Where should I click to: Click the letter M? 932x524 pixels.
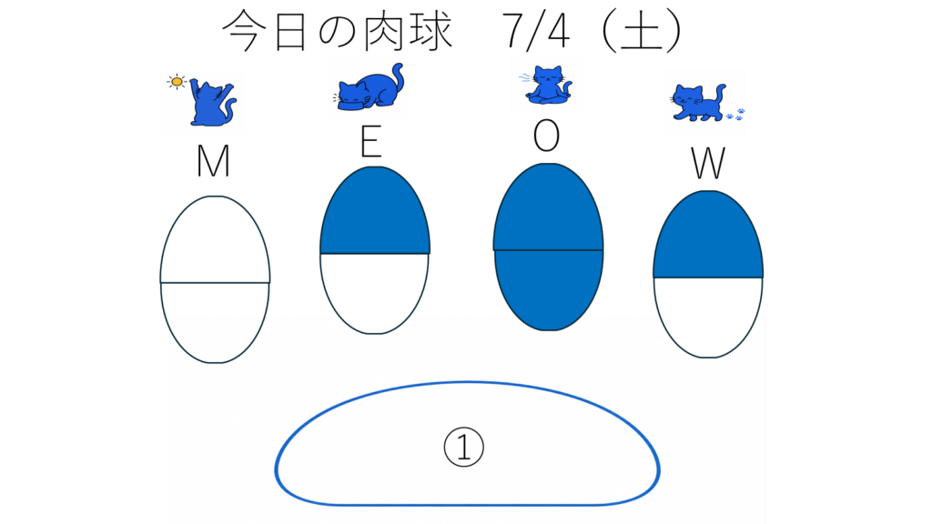click(x=213, y=161)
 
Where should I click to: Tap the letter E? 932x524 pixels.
click(x=371, y=141)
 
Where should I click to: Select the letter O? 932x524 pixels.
click(x=546, y=136)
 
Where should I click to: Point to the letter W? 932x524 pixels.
click(x=708, y=164)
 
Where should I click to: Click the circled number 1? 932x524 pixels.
click(x=463, y=447)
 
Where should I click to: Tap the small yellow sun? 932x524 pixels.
click(x=177, y=81)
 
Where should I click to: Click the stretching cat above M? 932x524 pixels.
click(x=212, y=103)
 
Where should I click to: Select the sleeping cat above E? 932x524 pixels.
click(x=369, y=88)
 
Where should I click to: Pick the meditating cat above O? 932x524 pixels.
click(x=548, y=85)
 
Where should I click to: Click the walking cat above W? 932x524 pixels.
click(x=698, y=102)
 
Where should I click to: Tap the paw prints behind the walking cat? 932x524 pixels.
click(x=735, y=115)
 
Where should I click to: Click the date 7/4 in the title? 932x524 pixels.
click(x=535, y=31)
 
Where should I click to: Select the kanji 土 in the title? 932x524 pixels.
click(x=642, y=31)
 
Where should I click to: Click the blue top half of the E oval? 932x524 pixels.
click(x=374, y=211)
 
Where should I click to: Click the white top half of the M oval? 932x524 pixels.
click(x=215, y=239)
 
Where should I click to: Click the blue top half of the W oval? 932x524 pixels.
click(x=708, y=235)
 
